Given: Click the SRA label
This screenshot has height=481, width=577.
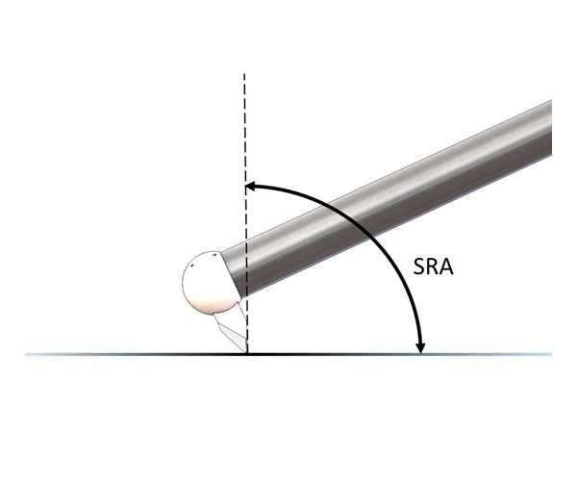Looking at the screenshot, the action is (433, 266).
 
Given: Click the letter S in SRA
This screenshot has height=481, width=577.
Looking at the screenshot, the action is (418, 266).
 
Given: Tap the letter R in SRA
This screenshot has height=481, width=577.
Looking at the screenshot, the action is (432, 266).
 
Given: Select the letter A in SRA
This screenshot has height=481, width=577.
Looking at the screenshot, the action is (446, 266).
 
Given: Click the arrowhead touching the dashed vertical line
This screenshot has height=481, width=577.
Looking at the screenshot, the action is (250, 186).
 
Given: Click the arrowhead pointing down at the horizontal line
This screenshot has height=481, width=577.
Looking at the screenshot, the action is (420, 348).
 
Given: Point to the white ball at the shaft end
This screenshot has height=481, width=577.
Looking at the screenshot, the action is (208, 283).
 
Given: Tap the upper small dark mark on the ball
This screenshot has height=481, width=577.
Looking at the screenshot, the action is (213, 255).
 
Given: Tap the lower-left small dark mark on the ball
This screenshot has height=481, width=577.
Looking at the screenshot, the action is (191, 266).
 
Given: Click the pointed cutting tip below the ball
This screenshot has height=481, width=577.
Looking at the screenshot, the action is (244, 352).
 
